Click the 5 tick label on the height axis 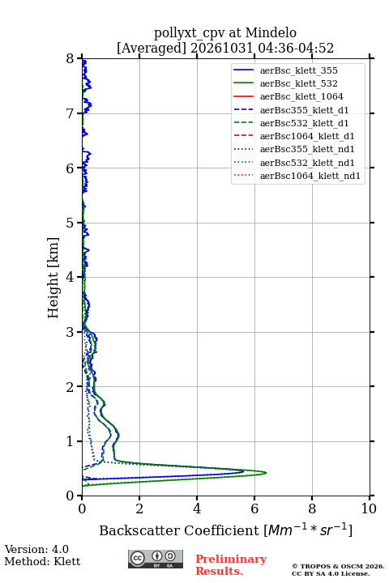71,223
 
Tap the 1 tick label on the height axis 71,441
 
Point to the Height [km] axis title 53,278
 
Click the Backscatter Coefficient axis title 225,530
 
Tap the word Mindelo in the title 271,32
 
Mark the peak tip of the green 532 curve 266,473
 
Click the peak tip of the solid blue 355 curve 243,471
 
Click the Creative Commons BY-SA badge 156,559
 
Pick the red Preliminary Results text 231,565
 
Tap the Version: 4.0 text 36,549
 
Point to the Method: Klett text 42,561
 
